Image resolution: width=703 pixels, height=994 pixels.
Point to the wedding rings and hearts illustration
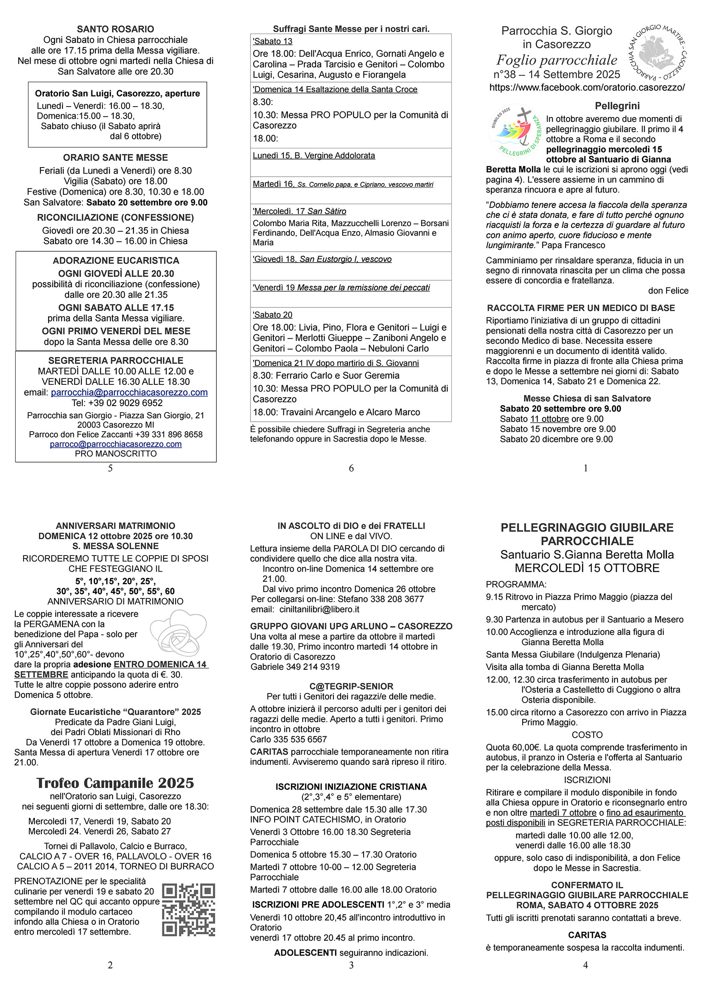point(179,632)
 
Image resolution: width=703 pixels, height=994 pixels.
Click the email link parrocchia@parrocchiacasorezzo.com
point(129,392)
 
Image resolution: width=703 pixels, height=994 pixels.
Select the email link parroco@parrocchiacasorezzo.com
point(115,444)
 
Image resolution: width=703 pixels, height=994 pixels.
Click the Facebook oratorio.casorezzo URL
point(587,87)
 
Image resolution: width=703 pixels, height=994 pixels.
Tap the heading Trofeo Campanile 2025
point(115,783)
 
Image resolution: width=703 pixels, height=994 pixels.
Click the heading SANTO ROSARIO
point(115,29)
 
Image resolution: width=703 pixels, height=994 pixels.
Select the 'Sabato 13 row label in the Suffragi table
point(273,42)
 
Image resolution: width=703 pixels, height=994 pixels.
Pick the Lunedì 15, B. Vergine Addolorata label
point(314,156)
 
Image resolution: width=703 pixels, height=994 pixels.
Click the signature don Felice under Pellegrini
point(668,291)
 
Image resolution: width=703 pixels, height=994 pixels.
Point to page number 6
point(351,468)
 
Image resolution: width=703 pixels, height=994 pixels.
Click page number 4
point(586,965)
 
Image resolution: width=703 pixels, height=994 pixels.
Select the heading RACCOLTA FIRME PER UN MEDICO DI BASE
point(581,308)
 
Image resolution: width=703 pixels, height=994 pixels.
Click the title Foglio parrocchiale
point(557,60)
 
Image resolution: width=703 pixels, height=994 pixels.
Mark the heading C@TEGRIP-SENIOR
point(351,686)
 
